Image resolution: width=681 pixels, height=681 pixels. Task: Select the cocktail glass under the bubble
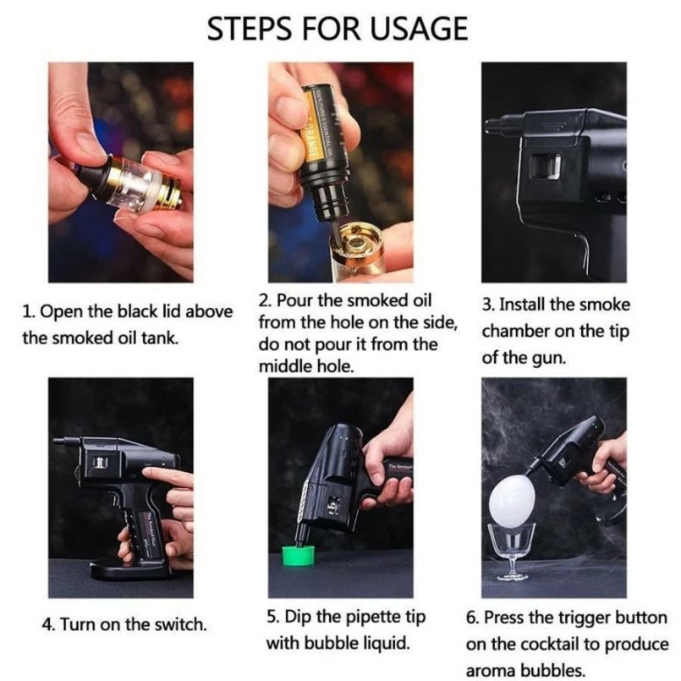[513, 551]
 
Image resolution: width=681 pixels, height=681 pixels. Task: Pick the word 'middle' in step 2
[284, 367]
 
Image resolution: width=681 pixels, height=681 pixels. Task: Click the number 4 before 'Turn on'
[47, 624]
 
